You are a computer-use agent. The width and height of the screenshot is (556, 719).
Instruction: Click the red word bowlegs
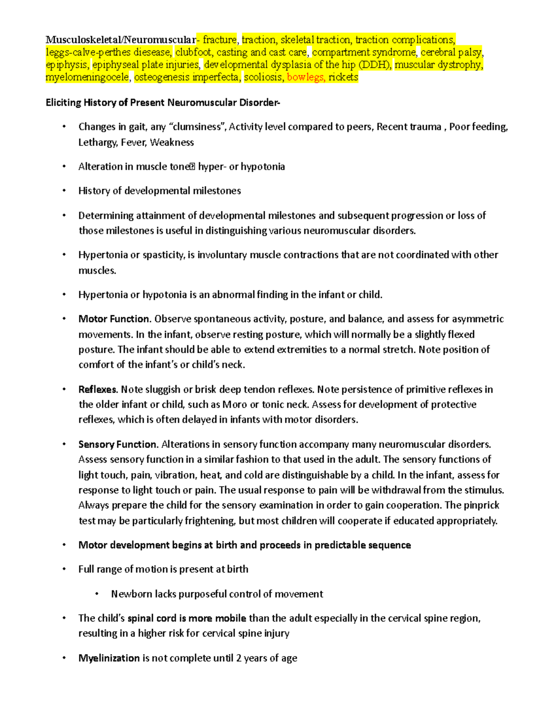305,77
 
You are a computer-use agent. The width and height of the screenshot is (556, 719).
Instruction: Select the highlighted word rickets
343,77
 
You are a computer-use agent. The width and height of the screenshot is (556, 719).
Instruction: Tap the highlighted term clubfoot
193,52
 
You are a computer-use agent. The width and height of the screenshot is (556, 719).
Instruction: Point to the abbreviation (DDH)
374,65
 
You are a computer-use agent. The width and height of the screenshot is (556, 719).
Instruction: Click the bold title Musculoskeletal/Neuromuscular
120,40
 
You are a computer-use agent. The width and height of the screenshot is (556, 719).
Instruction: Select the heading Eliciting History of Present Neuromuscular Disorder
163,102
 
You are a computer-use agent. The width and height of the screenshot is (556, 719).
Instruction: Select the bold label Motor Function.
114,319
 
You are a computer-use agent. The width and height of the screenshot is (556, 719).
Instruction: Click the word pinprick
482,505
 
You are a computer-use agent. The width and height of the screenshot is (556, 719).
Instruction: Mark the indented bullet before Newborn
97,594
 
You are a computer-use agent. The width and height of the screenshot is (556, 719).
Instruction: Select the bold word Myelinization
109,658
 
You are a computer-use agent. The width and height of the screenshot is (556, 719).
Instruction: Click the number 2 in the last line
239,658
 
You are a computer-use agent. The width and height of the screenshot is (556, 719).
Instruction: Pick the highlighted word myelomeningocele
88,77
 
